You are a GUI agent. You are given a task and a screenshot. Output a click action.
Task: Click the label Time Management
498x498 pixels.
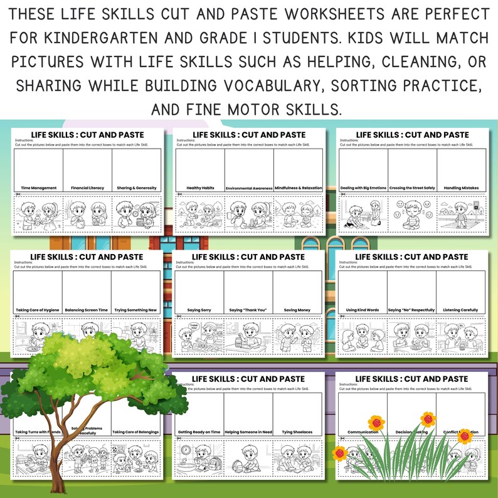coord(39,188)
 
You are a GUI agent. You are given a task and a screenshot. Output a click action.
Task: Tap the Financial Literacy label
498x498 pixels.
coord(88,188)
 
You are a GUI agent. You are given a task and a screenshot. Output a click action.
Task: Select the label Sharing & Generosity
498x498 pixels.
coord(137,188)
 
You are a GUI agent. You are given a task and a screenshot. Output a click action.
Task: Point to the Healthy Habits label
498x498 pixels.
coord(201,188)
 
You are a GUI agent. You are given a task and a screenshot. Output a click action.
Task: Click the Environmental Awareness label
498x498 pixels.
coord(249,188)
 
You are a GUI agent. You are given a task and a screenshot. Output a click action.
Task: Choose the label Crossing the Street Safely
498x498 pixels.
coord(411,188)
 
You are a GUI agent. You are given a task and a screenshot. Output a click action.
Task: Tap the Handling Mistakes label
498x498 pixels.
coord(461,188)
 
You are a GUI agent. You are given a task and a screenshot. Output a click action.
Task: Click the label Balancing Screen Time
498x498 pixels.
coord(88,310)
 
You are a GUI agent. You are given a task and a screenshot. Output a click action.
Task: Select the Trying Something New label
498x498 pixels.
coord(137,310)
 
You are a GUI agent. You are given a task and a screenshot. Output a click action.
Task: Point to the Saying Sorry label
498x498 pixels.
coord(201,310)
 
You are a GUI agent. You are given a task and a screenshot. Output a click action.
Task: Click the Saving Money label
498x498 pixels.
coord(298,310)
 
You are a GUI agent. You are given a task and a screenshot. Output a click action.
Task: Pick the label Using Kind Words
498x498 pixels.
coord(363,310)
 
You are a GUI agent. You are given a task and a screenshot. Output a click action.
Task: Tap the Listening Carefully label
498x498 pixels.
coord(461,310)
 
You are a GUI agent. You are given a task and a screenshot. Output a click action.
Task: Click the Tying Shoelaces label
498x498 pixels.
coord(298,432)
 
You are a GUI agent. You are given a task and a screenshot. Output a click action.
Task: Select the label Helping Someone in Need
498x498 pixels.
coord(249,432)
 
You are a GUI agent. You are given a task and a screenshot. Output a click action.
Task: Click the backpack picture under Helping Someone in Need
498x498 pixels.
coord(238,465)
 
